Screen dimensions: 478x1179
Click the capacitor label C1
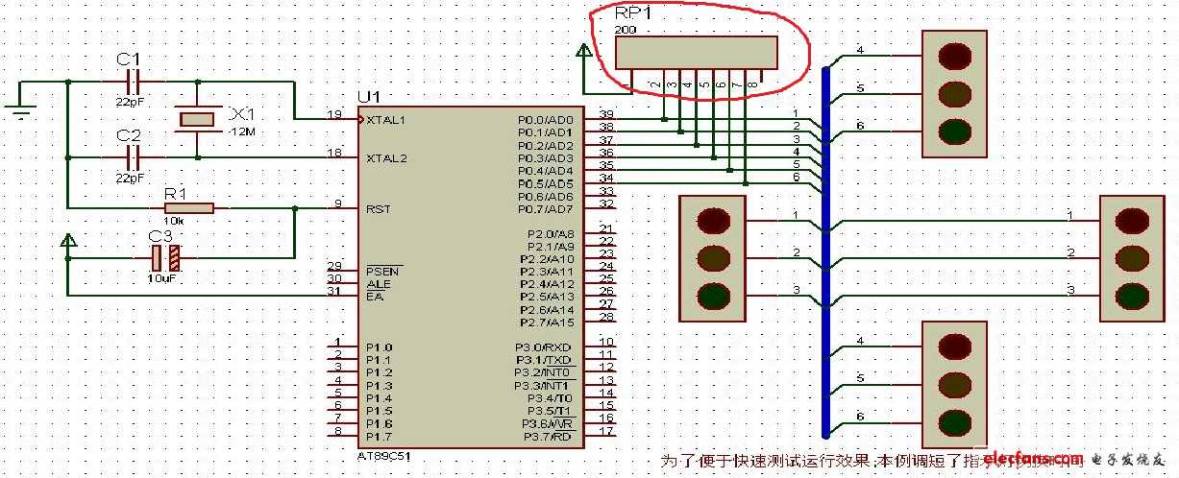128,60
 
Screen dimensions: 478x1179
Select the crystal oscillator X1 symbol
198,118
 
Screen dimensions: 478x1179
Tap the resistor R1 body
188,207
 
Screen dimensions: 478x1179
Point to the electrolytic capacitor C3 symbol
165,257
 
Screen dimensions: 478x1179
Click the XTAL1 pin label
386,120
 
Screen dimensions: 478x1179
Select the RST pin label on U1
377,208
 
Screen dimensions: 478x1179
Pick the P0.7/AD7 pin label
545,209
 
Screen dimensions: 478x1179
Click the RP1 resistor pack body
696,52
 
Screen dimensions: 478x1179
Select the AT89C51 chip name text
383,456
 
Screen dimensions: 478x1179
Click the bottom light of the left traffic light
713,295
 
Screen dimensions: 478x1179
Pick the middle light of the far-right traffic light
1132,257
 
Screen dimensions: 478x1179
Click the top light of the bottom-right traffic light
955,347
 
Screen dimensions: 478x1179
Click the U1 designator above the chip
368,98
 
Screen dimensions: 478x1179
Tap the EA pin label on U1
372,297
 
